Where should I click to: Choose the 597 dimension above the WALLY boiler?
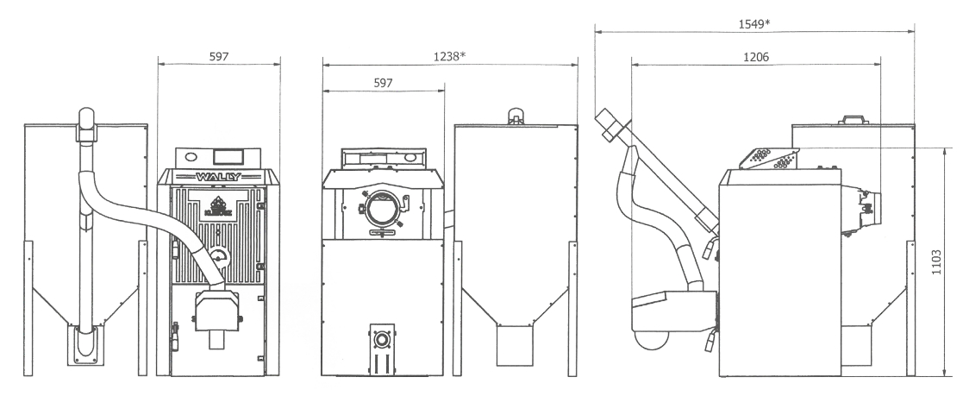click(x=219, y=56)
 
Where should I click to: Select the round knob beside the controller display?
click(x=191, y=157)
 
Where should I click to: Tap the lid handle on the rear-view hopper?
click(x=516, y=116)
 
